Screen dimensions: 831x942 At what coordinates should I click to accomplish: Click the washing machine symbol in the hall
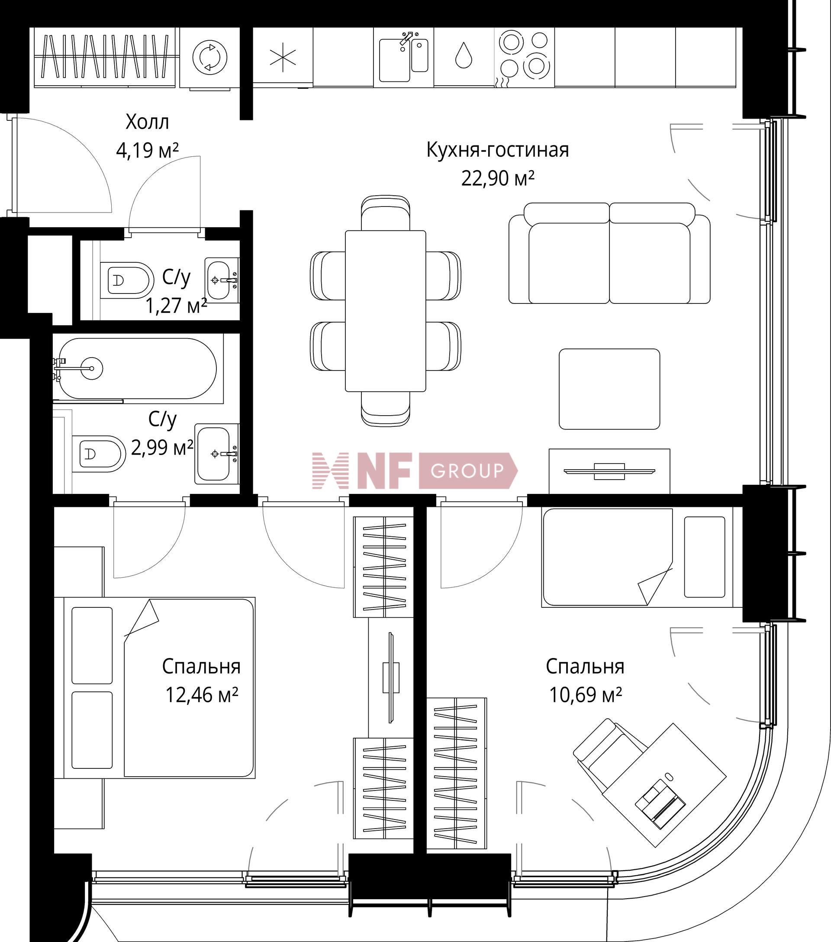209,58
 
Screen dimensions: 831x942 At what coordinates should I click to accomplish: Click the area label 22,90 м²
497,178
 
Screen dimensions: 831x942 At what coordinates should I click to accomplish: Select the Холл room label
147,122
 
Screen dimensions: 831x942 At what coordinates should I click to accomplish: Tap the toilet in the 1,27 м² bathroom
127,280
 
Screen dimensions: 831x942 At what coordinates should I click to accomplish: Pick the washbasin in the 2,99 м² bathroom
216,454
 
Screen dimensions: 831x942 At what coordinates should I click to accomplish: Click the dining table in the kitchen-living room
386,311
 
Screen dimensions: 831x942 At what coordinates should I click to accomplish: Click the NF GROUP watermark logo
415,471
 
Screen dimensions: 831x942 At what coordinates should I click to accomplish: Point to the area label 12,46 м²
202,695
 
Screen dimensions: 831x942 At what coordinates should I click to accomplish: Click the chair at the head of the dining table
386,213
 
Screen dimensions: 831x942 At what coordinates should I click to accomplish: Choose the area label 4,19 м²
147,151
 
